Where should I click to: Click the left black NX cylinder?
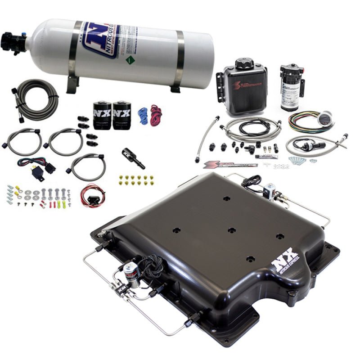tap(102, 115)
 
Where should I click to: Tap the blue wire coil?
tap(143, 115)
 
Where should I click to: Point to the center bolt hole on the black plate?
tap(232, 230)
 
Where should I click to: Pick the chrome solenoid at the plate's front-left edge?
tap(131, 273)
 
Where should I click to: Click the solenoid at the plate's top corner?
tap(270, 191)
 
